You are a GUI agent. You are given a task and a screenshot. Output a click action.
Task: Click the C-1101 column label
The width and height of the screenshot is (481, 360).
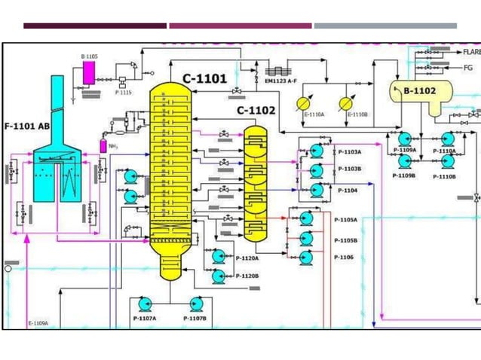tap(205, 78)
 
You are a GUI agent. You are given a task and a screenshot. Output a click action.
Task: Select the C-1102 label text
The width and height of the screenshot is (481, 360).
tap(256, 110)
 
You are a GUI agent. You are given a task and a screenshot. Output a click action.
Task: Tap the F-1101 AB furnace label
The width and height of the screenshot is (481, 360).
tap(27, 126)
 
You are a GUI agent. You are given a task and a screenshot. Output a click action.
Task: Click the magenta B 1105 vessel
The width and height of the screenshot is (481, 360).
tap(88, 72)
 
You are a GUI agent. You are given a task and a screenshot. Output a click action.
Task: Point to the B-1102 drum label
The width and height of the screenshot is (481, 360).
tap(420, 91)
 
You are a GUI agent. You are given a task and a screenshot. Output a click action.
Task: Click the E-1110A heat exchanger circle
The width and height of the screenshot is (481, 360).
tap(305, 102)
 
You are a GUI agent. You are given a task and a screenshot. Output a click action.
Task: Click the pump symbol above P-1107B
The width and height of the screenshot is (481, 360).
tap(195, 304)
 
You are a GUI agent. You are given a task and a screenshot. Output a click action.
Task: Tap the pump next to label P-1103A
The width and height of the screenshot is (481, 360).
tap(317, 151)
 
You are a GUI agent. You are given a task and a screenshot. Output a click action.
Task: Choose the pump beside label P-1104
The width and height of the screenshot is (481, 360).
tap(317, 191)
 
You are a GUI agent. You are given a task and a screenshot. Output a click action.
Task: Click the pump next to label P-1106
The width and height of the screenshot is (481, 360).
tap(306, 258)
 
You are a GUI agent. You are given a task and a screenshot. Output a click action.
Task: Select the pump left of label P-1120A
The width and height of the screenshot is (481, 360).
tap(219, 257)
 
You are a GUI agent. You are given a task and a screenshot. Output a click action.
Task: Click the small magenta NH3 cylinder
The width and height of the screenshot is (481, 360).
tap(103, 145)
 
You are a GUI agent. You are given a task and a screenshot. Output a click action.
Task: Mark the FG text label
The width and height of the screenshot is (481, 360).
tap(467, 67)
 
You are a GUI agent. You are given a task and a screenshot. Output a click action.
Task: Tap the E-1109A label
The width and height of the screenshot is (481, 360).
tap(38, 323)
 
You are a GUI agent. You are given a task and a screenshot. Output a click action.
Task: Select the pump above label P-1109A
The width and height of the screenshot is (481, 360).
tap(404, 139)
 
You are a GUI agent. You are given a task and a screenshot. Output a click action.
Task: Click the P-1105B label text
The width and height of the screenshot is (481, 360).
tap(345, 239)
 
